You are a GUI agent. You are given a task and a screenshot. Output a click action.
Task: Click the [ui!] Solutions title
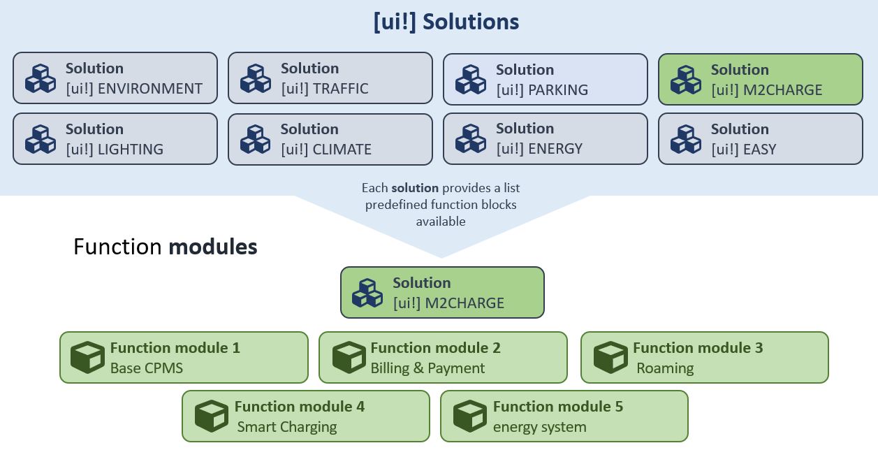pyautogui.click(x=446, y=22)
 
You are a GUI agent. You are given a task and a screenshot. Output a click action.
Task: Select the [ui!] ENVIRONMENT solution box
pyautogui.click(x=115, y=78)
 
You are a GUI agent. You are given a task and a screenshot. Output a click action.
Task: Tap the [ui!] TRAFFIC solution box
pyautogui.click(x=330, y=78)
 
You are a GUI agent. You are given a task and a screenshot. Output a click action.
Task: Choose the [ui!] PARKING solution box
pyautogui.click(x=546, y=80)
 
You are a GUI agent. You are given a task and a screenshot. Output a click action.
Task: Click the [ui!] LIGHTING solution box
pyautogui.click(x=115, y=139)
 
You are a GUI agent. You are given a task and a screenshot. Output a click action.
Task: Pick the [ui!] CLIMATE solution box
pyautogui.click(x=330, y=139)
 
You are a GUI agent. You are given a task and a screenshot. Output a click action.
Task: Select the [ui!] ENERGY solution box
pyautogui.click(x=546, y=138)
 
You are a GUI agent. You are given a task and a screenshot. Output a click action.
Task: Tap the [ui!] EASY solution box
pyautogui.click(x=761, y=139)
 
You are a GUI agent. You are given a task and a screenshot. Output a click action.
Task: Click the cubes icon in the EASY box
pyautogui.click(x=686, y=139)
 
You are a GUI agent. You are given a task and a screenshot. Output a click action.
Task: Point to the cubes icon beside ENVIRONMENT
pyautogui.click(x=41, y=78)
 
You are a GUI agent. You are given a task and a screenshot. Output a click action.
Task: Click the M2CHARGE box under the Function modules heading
pyautogui.click(x=442, y=293)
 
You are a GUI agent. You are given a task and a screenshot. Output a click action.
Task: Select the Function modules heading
pyautogui.click(x=165, y=247)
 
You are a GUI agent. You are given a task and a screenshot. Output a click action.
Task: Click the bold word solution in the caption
pyautogui.click(x=415, y=188)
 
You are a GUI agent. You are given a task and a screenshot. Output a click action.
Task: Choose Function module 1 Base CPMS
pyautogui.click(x=184, y=358)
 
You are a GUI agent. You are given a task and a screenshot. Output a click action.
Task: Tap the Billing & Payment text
pyautogui.click(x=427, y=368)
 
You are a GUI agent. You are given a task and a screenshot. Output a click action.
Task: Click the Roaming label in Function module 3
pyautogui.click(x=665, y=368)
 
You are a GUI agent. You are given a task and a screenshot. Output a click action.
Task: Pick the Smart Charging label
pyautogui.click(x=287, y=427)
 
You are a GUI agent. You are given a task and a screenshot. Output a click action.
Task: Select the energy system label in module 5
pyautogui.click(x=539, y=427)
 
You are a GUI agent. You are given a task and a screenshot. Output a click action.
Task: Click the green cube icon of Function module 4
pyautogui.click(x=212, y=416)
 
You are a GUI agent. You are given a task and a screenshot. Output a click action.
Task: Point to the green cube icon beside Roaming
pyautogui.click(x=610, y=358)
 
